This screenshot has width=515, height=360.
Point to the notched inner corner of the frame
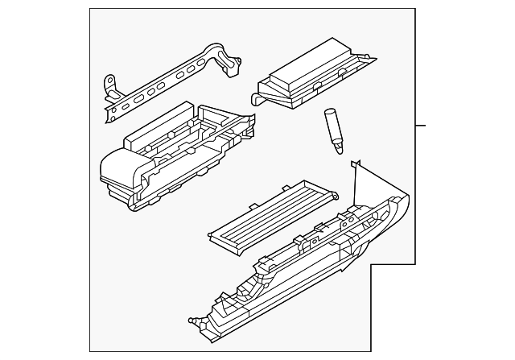370,264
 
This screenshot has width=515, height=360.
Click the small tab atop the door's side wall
354,163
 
